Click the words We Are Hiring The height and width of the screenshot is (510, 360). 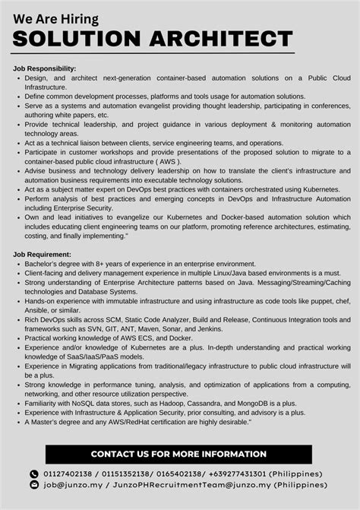(x=56, y=17)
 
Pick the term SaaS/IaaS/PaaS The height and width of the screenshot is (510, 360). (x=92, y=356)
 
